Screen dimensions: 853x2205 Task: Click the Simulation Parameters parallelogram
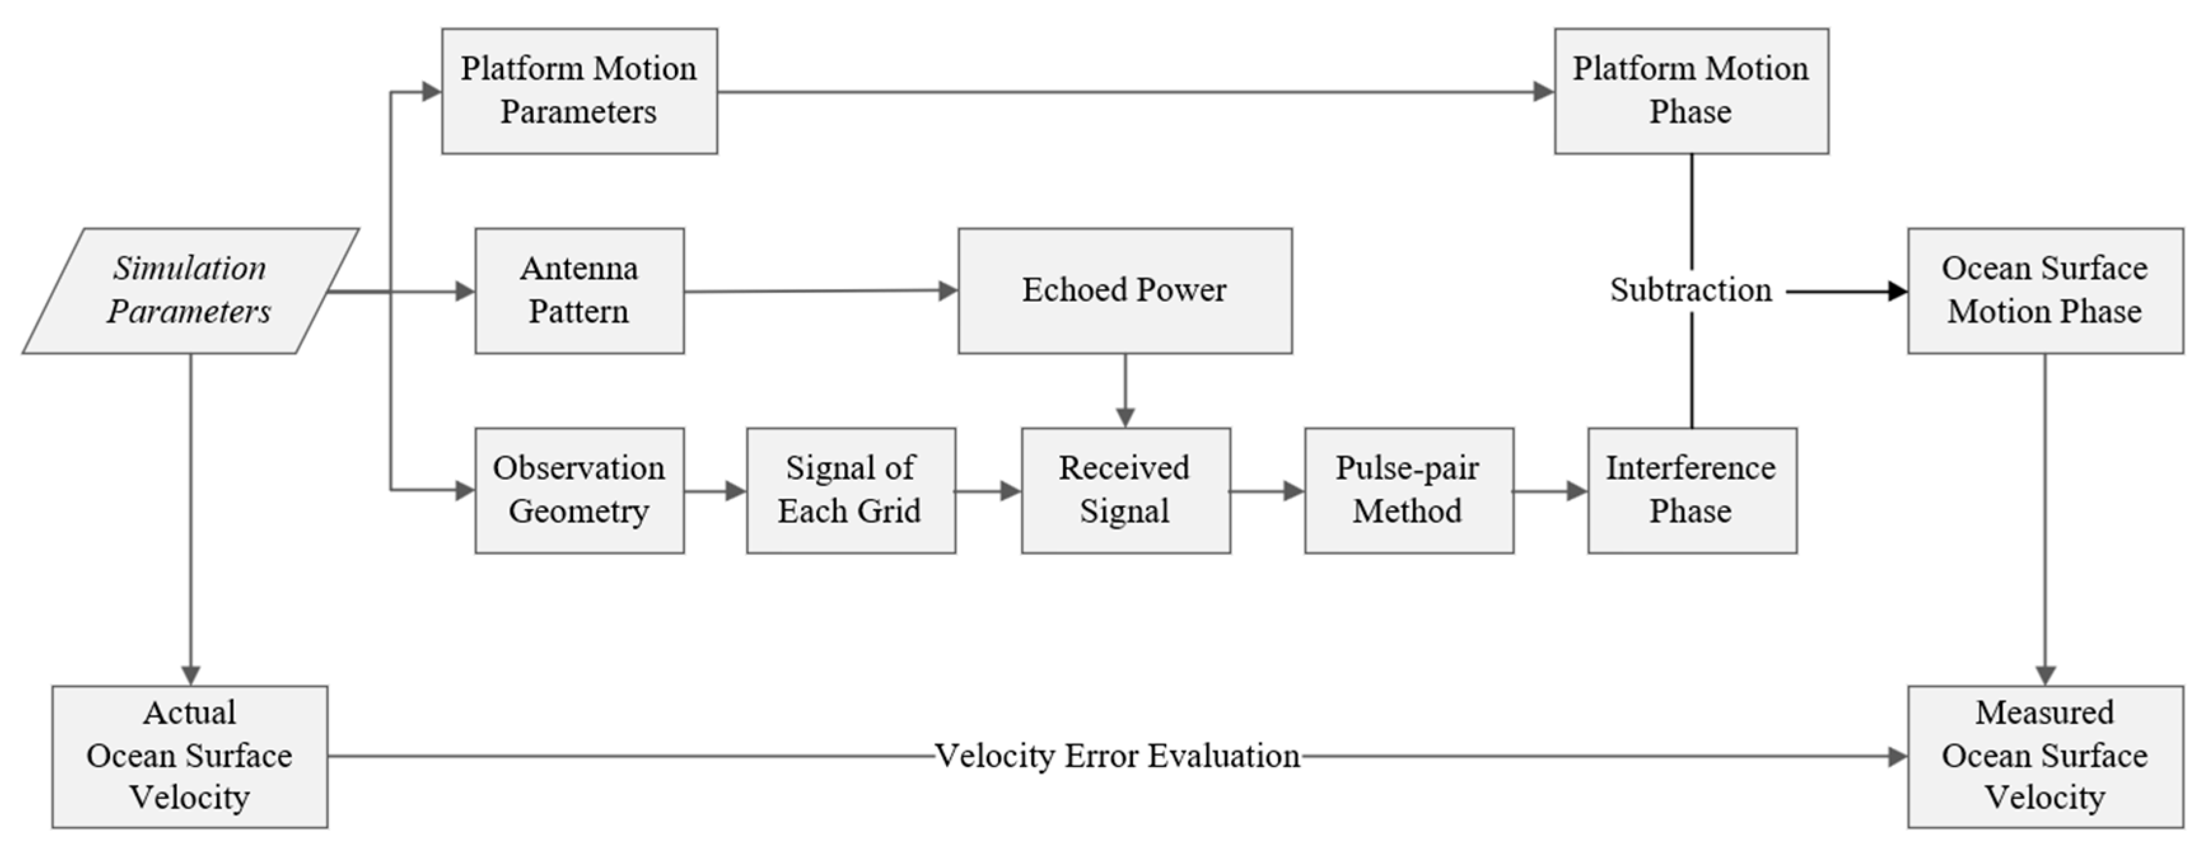point(190,291)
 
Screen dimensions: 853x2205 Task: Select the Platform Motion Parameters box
point(580,92)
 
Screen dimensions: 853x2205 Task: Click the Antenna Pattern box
point(580,291)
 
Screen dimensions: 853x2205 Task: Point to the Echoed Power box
point(1124,291)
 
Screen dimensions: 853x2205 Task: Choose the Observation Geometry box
point(580,490)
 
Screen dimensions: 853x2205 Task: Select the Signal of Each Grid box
point(850,490)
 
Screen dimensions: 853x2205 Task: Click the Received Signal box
point(1125,490)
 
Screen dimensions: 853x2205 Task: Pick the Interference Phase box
point(1692,490)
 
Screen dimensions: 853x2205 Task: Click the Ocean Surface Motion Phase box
point(2044,291)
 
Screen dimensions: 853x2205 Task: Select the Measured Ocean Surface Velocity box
point(2044,756)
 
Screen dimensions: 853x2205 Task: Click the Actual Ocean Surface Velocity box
point(190,756)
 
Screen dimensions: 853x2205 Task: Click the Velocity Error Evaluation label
point(1117,756)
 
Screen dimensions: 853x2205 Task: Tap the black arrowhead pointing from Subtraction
point(1897,292)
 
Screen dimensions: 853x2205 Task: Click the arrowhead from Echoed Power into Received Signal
point(1125,418)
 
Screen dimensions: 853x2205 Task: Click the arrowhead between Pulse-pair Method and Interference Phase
point(1576,491)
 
